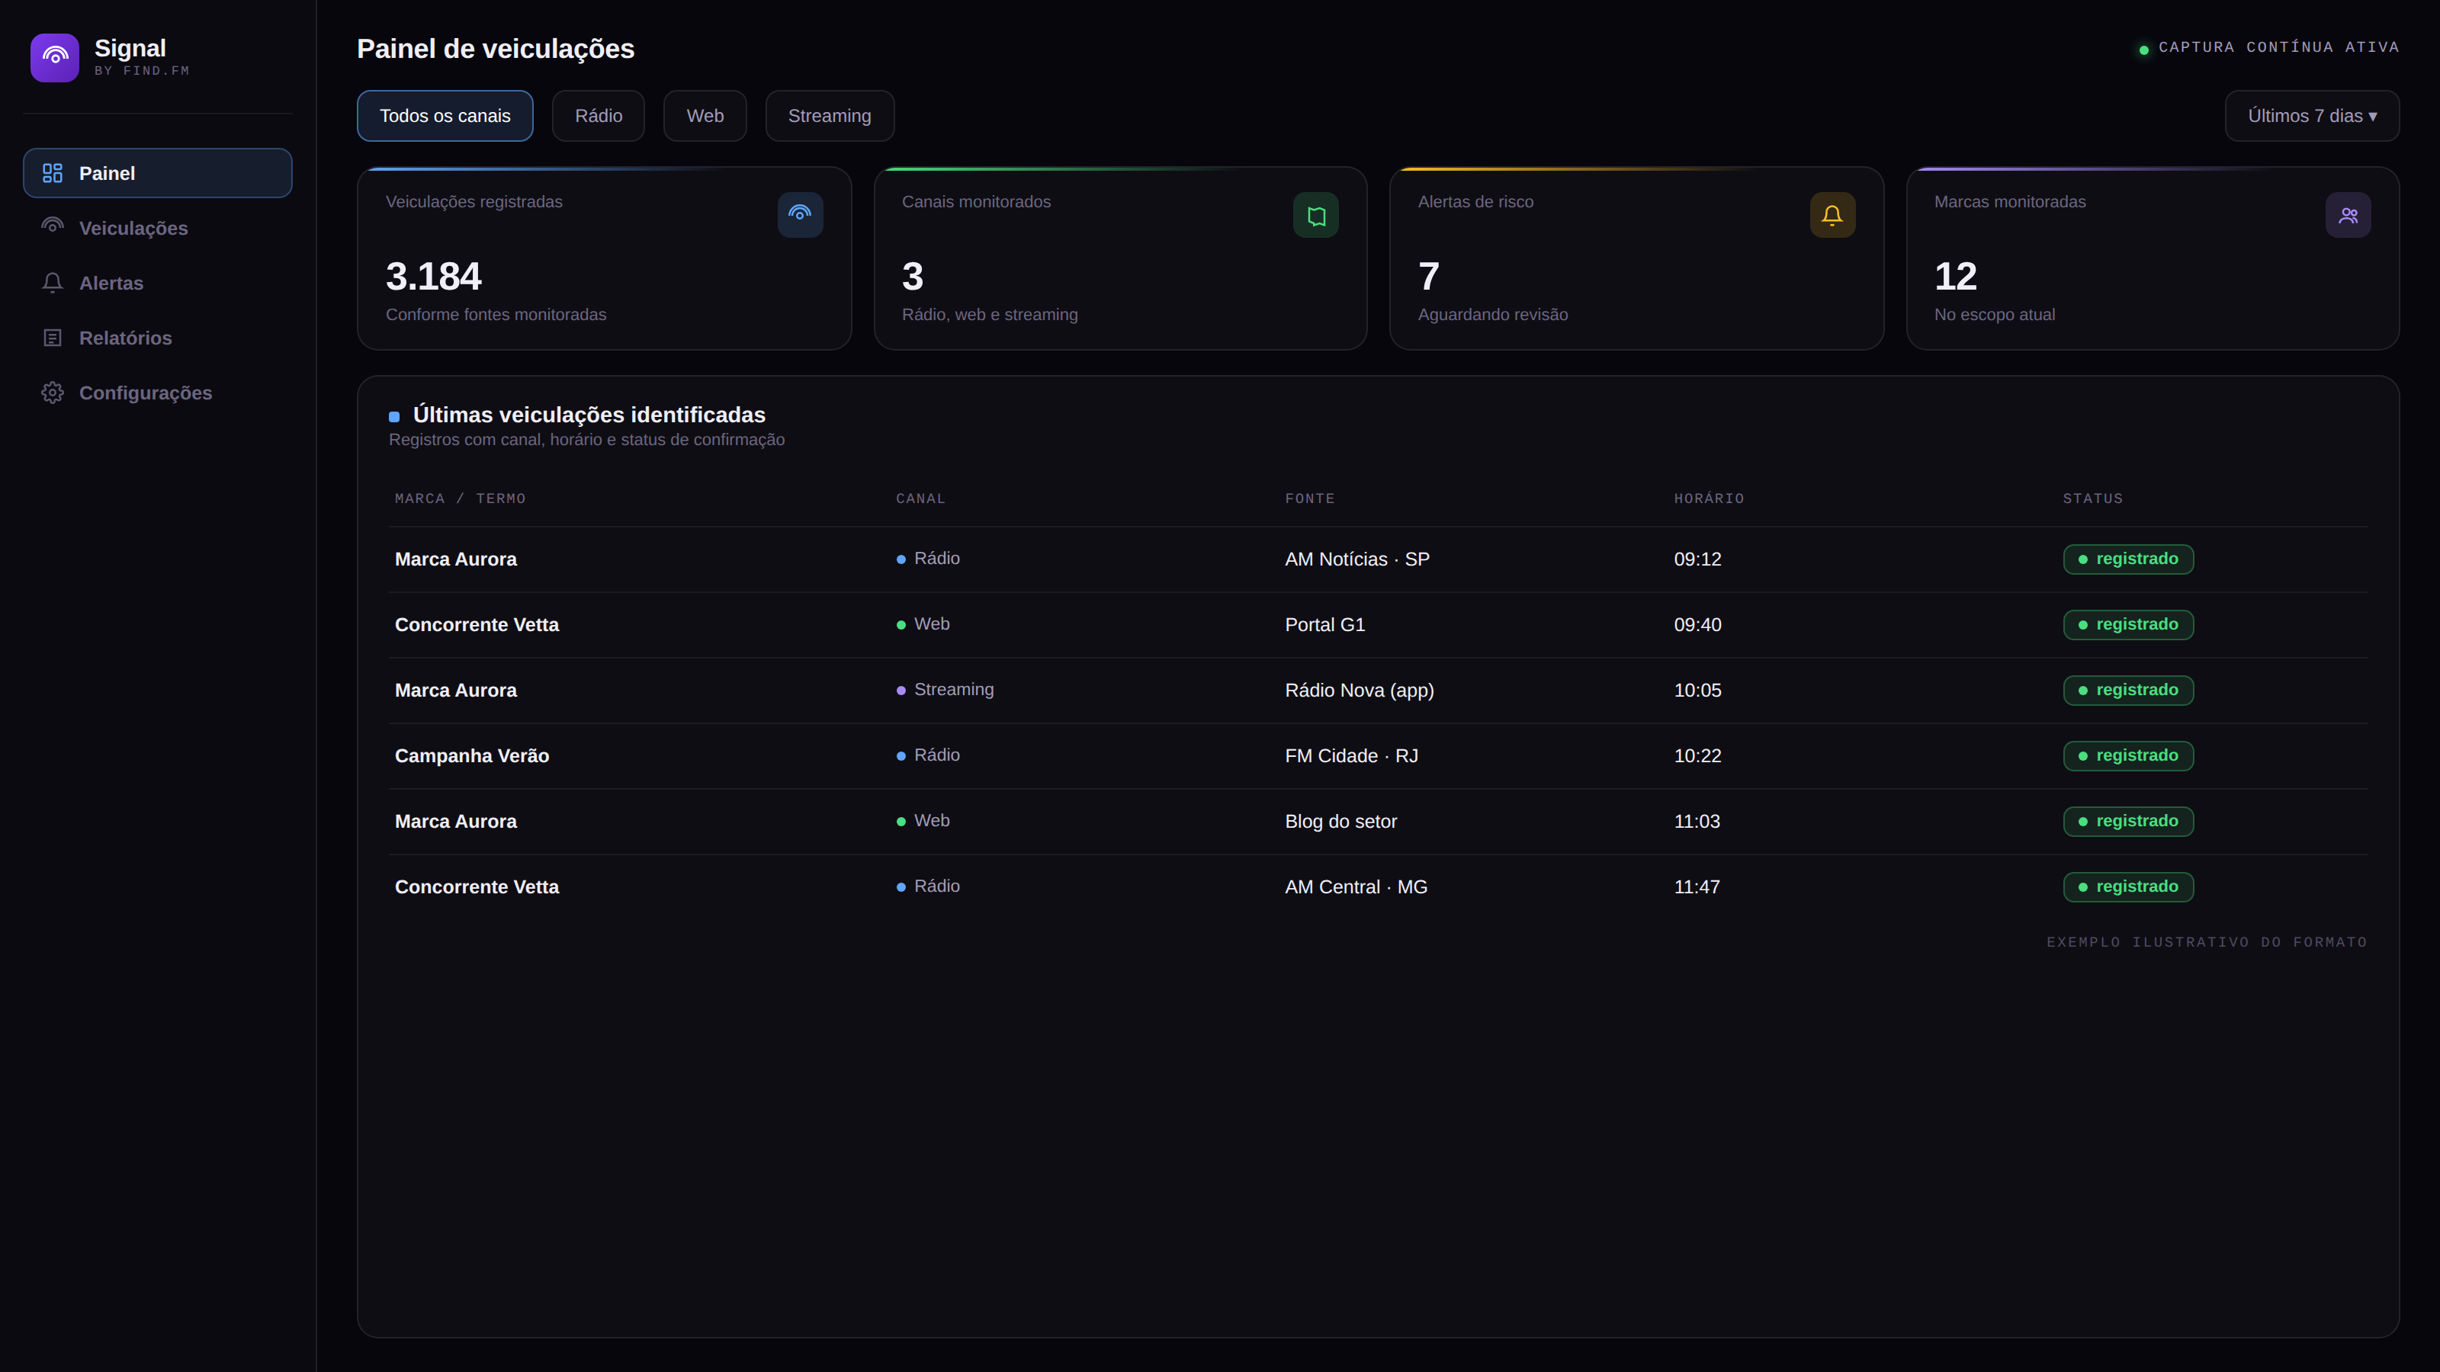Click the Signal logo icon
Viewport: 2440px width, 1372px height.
tap(55, 58)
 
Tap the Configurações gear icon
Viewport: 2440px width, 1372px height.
tap(52, 393)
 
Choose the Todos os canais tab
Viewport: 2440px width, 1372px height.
tap(445, 116)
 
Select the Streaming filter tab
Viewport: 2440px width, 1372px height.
tap(830, 116)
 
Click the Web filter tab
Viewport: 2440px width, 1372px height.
tap(705, 116)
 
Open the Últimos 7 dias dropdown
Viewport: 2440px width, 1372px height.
tap(2312, 116)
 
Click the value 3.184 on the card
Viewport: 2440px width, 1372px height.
tap(434, 277)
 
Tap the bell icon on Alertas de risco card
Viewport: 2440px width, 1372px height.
tap(1832, 215)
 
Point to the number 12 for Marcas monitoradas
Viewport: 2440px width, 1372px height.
tap(1955, 277)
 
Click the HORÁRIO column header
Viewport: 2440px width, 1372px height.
tap(1709, 499)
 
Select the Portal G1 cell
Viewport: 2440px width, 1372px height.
tap(1325, 625)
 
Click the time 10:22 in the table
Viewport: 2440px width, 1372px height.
tap(1697, 755)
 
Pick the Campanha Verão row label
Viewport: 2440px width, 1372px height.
tap(472, 755)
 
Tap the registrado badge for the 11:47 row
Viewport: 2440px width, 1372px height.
tap(2128, 887)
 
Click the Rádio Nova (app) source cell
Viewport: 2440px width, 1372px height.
tap(1360, 691)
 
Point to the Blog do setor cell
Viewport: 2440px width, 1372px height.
tap(1341, 822)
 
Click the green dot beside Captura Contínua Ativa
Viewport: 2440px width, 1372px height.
tap(2143, 50)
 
